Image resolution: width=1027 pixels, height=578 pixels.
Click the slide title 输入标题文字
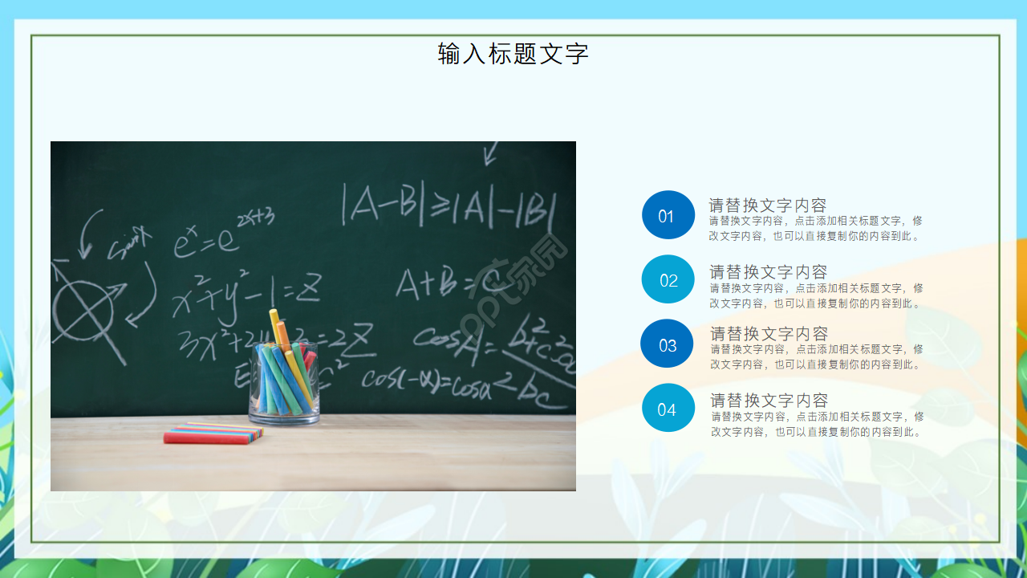(513, 54)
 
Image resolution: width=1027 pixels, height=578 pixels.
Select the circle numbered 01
(668, 215)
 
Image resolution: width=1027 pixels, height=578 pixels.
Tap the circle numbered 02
(668, 279)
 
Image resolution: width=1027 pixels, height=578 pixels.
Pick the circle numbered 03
(667, 344)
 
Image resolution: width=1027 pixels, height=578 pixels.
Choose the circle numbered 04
(668, 409)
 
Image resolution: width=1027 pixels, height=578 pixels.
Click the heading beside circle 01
(767, 206)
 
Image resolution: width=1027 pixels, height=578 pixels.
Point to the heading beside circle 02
(768, 271)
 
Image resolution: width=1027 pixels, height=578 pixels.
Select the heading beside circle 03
(769, 333)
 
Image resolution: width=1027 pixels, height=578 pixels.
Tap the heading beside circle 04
(769, 400)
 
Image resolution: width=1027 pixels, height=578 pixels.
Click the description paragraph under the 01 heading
(815, 229)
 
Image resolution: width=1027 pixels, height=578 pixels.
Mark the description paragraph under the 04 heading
(817, 425)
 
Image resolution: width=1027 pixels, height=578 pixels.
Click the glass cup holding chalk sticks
(284, 385)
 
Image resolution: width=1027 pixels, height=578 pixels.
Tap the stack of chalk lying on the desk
(213, 433)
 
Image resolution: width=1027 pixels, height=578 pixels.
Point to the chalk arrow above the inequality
(490, 153)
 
